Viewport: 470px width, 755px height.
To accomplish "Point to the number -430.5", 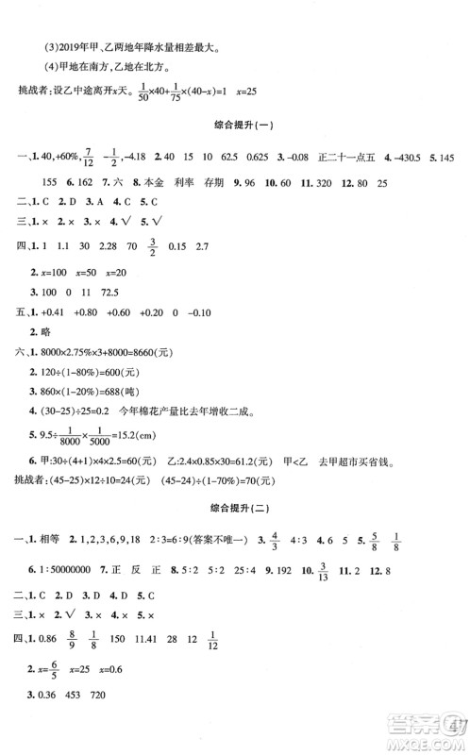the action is coord(412,158).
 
